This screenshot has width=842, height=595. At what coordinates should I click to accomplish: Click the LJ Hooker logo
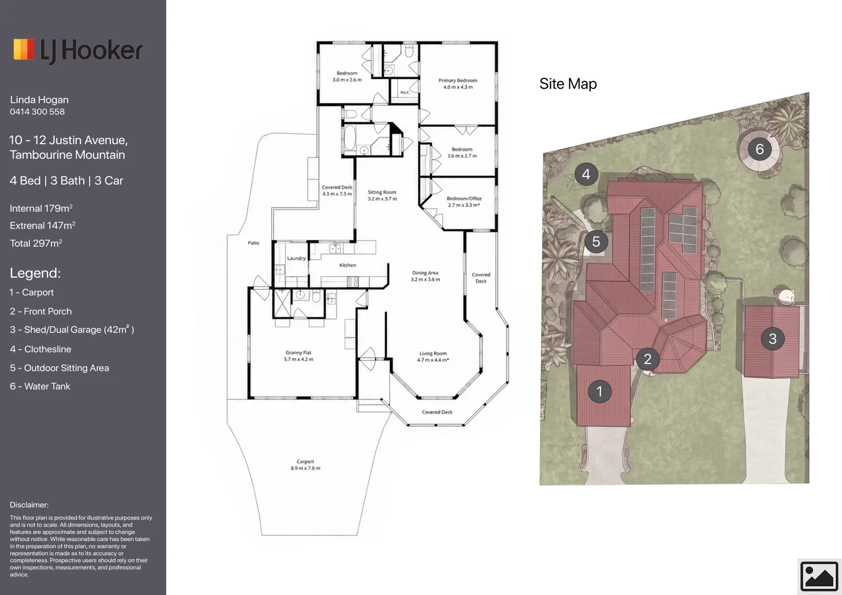[78, 50]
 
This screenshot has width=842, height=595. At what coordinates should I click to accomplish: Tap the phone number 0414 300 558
[37, 111]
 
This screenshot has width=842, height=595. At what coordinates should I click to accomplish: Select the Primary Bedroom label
[458, 80]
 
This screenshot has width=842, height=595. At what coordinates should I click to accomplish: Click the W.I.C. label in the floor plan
[405, 93]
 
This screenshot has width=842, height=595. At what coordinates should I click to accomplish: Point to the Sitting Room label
[382, 192]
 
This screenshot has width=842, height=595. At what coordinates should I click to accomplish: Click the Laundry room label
[296, 258]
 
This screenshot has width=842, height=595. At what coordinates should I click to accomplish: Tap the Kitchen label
[348, 265]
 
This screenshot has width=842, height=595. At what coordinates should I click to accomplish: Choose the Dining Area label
[425, 273]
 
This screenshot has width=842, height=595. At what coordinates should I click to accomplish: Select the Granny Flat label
[298, 353]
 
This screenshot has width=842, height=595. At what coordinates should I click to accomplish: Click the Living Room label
[433, 354]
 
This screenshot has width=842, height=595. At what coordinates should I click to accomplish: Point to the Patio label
[254, 243]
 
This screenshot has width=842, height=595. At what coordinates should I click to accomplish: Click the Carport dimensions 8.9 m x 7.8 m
[305, 468]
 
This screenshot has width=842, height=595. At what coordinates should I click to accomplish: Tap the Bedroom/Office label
[464, 198]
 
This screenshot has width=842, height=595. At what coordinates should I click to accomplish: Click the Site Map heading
[568, 84]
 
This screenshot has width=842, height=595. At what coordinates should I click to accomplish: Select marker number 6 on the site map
[760, 149]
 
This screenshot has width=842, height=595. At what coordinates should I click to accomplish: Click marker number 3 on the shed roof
[773, 338]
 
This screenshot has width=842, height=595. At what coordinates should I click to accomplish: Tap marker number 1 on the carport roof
[599, 391]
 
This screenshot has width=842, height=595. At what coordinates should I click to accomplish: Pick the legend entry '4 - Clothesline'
[41, 349]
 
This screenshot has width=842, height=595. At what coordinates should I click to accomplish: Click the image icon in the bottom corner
[819, 576]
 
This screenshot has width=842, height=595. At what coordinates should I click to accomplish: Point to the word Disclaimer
[29, 505]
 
